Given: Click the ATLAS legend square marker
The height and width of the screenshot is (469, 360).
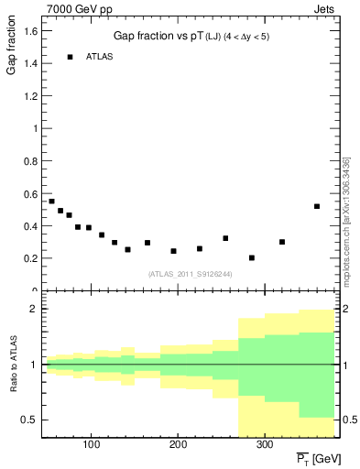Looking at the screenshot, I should (70, 57).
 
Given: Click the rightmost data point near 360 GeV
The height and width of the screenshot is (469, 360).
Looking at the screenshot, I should (317, 206).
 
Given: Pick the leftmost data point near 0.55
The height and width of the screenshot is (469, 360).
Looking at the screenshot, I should (51, 201).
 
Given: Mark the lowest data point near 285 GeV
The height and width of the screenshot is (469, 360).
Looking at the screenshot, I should (252, 257).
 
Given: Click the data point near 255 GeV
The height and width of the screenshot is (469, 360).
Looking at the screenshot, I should (225, 238).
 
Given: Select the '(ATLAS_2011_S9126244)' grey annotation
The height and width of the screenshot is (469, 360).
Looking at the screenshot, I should (191, 272).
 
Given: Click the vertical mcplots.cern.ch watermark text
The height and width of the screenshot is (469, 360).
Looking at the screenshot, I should (345, 220).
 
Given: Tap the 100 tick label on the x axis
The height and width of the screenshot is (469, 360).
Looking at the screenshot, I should (91, 445).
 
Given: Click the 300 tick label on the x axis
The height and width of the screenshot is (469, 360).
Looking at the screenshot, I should (264, 445).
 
